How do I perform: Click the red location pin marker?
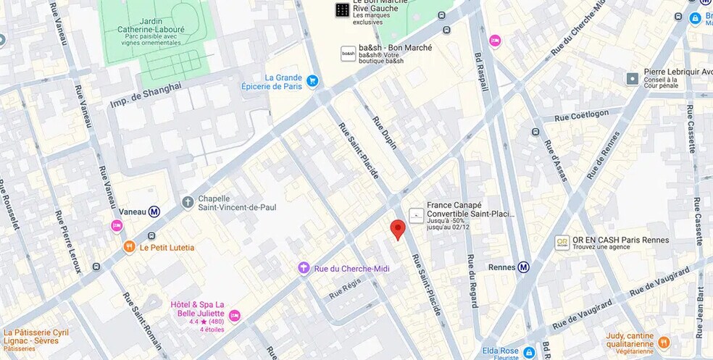pos(397,229)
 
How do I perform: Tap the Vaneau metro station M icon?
pos(154,212)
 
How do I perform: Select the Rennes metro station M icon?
pos(523,267)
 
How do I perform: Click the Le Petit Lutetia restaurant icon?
pos(129,247)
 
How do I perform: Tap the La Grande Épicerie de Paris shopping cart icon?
pos(312,81)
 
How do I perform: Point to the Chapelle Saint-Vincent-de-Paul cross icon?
pos(188,202)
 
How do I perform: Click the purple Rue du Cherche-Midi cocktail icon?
pos(304,269)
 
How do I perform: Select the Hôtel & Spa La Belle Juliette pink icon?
pos(234,316)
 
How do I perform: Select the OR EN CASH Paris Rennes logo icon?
pos(562,243)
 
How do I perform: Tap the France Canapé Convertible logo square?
pos(417,215)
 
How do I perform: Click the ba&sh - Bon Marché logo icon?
pos(349,54)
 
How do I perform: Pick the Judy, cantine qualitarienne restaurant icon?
pos(664,342)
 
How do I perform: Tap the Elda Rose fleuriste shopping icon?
pos(529,352)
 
